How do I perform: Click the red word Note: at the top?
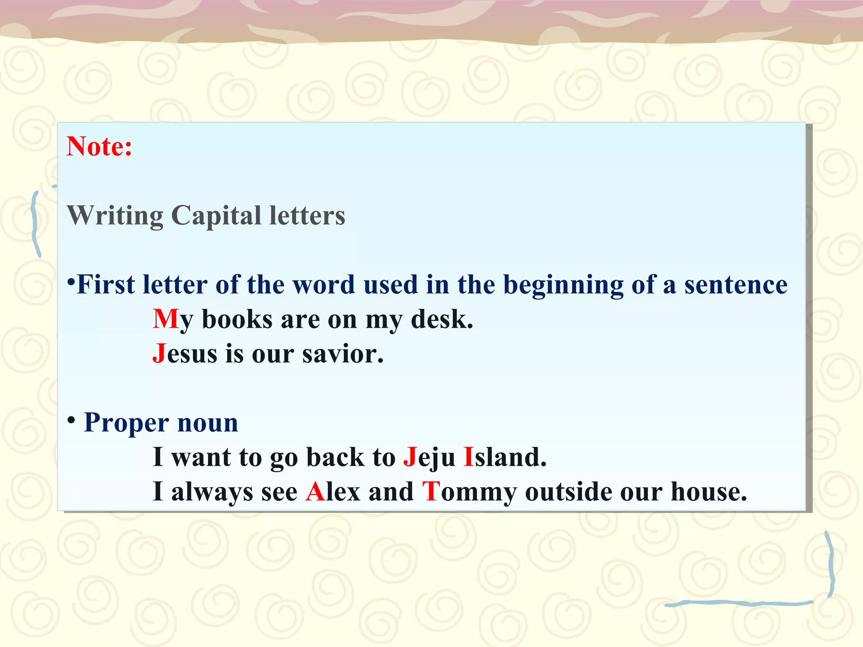click(x=99, y=147)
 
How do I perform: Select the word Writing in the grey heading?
click(x=115, y=216)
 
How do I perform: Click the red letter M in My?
click(x=166, y=319)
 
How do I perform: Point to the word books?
click(x=237, y=319)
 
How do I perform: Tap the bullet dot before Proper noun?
click(x=72, y=420)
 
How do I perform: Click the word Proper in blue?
click(x=126, y=423)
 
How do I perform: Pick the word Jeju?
click(x=429, y=457)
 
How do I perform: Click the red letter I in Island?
click(x=469, y=457)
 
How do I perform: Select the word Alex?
click(x=333, y=491)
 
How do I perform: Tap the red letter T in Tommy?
click(x=431, y=491)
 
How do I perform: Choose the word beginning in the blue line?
click(x=563, y=285)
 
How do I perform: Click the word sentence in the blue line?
click(x=735, y=285)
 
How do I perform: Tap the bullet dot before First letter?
click(x=71, y=281)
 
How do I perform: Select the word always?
click(x=212, y=492)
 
